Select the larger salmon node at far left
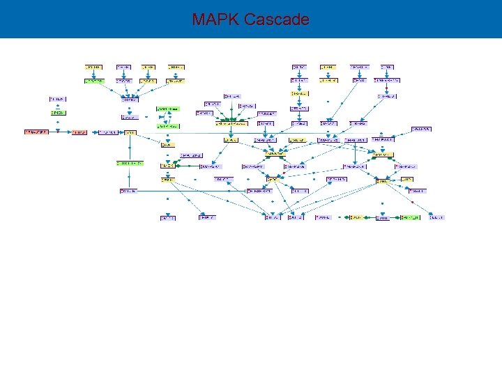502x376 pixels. click(36, 132)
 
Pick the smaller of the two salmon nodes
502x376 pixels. click(79, 132)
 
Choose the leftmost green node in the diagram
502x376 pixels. click(58, 113)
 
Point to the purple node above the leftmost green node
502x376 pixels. click(58, 99)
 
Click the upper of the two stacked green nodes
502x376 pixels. click(167, 109)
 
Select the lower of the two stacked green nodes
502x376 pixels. click(167, 126)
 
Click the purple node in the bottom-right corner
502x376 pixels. click(436, 217)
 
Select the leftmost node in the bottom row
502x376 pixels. click(167, 217)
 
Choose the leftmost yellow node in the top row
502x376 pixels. click(93, 67)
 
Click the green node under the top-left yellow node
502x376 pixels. click(93, 81)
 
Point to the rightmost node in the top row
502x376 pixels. click(386, 67)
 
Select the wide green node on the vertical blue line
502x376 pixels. click(129, 163)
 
